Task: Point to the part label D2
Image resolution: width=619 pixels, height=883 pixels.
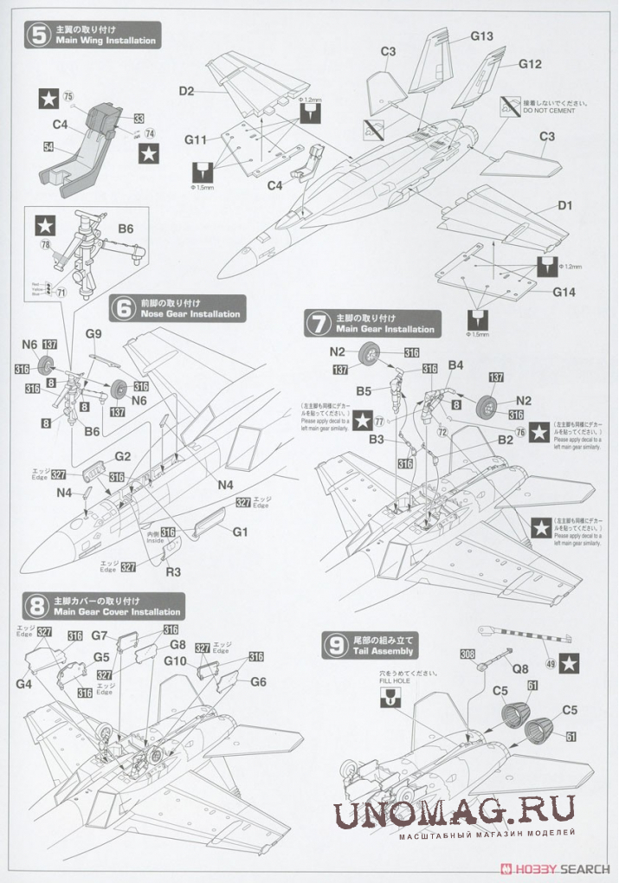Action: (186, 90)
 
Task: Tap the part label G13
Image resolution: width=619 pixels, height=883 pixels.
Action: (482, 36)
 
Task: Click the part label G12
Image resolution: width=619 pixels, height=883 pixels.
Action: (530, 64)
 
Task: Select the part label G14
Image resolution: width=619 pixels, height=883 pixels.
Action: (564, 292)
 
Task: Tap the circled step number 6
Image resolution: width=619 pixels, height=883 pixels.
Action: (124, 307)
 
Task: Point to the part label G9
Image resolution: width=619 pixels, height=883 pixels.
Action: (93, 334)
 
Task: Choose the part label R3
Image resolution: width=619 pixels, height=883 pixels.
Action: (173, 571)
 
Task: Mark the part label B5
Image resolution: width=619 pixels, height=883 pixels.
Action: (363, 390)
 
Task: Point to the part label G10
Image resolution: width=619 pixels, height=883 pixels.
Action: (176, 661)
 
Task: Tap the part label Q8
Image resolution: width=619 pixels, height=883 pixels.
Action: (519, 667)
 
